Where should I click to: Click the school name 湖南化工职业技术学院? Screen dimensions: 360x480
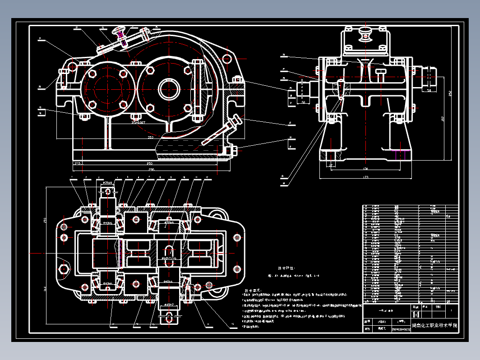click(434, 325)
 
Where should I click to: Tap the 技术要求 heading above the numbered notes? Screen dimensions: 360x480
click(252, 291)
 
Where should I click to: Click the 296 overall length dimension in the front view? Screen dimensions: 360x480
click(152, 169)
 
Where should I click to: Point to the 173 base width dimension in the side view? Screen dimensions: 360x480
click(365, 177)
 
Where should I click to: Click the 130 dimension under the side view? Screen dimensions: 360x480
click(365, 169)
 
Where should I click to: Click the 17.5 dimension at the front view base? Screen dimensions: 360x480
click(77, 164)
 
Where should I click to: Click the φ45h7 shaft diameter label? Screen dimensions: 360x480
click(169, 305)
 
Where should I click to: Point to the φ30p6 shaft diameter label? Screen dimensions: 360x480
click(108, 183)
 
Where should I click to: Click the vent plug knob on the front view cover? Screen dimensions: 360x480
click(120, 31)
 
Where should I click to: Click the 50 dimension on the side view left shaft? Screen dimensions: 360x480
click(304, 103)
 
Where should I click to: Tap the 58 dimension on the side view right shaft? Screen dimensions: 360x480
click(429, 91)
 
